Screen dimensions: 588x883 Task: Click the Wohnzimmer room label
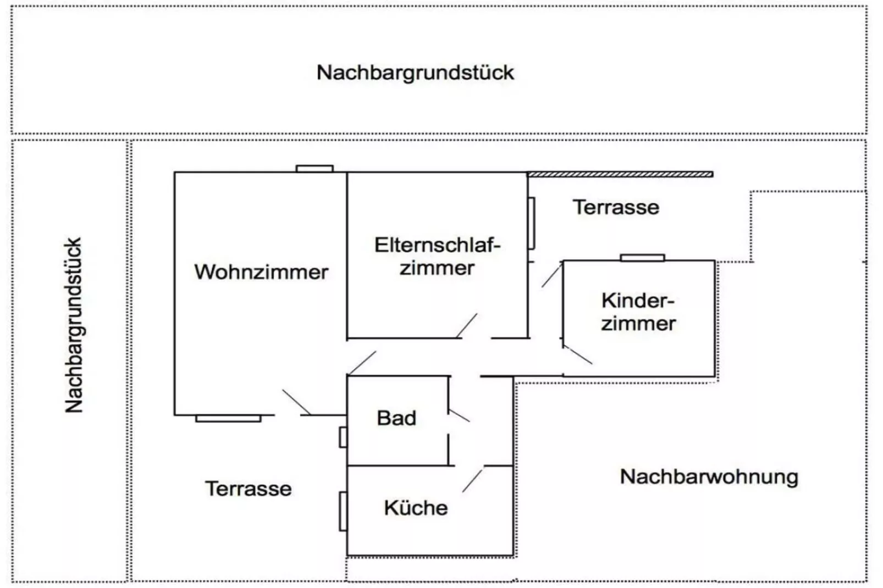[261, 272]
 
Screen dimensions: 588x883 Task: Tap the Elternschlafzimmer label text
[437, 257]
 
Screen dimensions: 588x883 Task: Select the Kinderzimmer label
[638, 312]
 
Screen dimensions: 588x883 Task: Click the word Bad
[396, 418]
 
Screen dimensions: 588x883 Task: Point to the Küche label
[416, 508]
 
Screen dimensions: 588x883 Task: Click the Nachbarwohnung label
[709, 476]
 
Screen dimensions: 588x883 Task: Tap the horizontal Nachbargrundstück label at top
[415, 73]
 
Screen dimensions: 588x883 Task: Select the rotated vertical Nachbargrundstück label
[74, 325]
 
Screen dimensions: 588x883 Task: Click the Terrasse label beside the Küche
[249, 489]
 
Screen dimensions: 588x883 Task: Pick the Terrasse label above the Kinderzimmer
[616, 207]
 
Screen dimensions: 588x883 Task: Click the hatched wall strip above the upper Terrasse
[620, 174]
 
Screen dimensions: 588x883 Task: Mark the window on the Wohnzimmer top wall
[314, 169]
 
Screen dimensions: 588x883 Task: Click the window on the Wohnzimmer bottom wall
[228, 419]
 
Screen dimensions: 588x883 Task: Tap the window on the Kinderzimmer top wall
[642, 258]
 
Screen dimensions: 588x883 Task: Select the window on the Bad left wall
[343, 437]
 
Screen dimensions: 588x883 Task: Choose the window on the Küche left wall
[343, 512]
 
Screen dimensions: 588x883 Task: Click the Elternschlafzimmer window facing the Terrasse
[531, 223]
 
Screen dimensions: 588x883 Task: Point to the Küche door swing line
[472, 480]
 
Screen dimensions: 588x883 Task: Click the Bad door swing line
[459, 415]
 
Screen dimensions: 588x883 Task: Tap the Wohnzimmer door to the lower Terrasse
[296, 402]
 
